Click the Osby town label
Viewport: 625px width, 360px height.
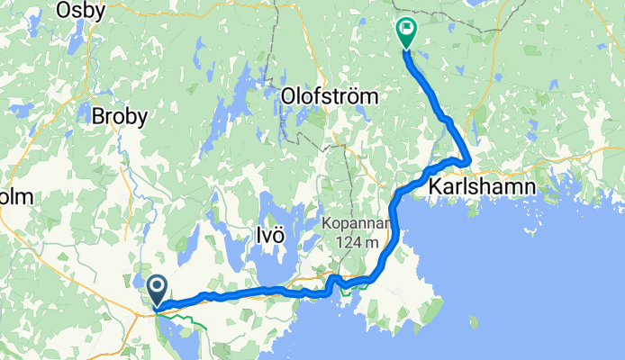[x=80, y=10]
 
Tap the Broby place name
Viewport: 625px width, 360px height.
[x=123, y=115]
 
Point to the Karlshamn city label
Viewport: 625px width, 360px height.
[x=482, y=186]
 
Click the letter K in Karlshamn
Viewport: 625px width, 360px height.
[x=436, y=186]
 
